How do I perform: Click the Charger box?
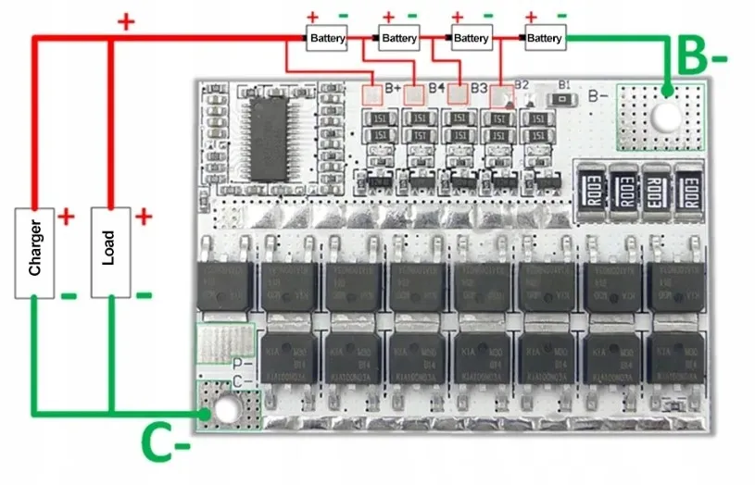33,254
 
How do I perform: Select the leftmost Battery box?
327,38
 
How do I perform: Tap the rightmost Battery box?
544,38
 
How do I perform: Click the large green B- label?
702,56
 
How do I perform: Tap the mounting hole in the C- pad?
223,407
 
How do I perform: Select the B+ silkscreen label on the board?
392,88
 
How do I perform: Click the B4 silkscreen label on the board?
436,88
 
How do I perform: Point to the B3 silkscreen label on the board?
478,88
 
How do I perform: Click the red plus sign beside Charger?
67,217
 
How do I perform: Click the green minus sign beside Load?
144,295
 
